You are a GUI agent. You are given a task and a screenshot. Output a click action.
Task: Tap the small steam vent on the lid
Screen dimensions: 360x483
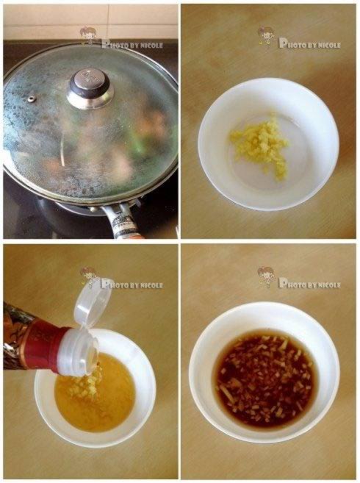(32, 99)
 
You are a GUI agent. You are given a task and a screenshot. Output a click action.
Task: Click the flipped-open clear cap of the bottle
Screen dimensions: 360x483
(93, 306)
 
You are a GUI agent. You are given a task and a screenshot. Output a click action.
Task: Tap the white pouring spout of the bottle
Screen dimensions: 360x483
(79, 352)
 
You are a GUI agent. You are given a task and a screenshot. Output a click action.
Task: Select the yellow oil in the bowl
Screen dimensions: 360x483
(95, 393)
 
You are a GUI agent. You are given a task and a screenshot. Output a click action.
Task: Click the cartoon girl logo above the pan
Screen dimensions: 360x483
(87, 35)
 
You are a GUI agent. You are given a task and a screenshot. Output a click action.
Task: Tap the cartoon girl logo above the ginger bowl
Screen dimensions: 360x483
(265, 36)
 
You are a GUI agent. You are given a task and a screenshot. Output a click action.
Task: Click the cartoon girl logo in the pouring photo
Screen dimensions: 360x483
(88, 276)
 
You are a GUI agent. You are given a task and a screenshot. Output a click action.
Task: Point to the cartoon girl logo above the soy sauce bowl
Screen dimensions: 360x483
(266, 276)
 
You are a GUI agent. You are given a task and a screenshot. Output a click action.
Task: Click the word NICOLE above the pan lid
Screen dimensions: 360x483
(151, 46)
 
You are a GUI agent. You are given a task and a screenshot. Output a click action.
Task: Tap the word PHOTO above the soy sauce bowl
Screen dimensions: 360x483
(291, 283)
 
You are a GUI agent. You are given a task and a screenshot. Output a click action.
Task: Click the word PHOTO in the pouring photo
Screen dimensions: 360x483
(113, 283)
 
